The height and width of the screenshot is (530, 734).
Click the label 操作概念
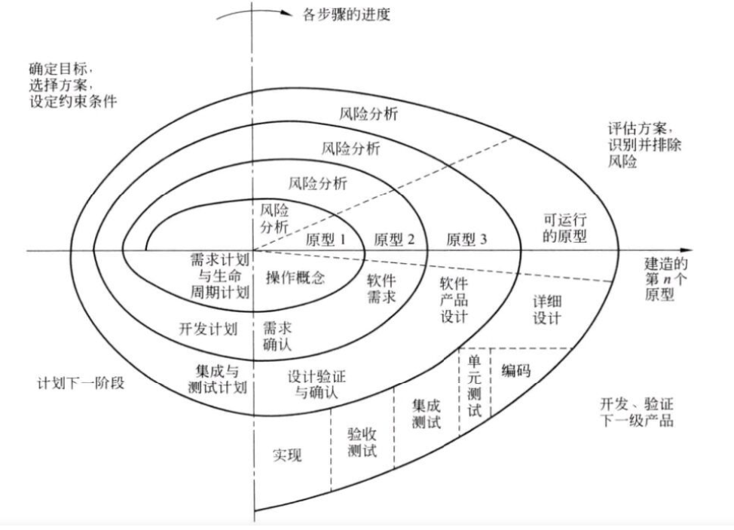click(x=295, y=277)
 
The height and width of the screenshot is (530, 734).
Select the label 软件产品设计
click(x=454, y=299)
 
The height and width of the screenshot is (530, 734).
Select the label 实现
click(x=286, y=456)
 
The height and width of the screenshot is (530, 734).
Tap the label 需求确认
click(x=277, y=336)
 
